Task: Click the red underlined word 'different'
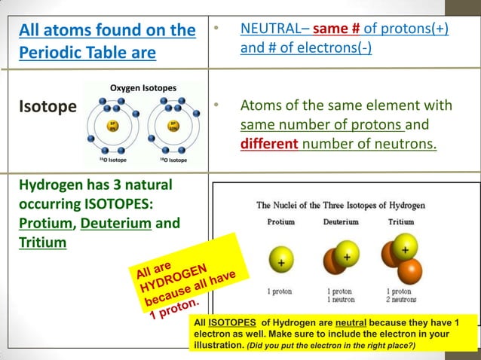pos(270,142)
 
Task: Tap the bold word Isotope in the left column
pos(47,106)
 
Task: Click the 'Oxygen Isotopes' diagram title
pos(143,88)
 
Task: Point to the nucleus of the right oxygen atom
pos(174,127)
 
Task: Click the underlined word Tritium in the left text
pos(42,243)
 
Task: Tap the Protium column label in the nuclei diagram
pos(280,222)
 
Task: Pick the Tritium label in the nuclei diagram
pos(400,222)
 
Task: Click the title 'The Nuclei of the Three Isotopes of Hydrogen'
pos(340,205)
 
